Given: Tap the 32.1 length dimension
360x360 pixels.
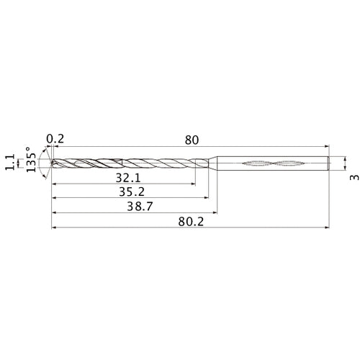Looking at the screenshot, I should click(127, 177).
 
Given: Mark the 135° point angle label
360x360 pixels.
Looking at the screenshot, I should click(31, 163).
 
